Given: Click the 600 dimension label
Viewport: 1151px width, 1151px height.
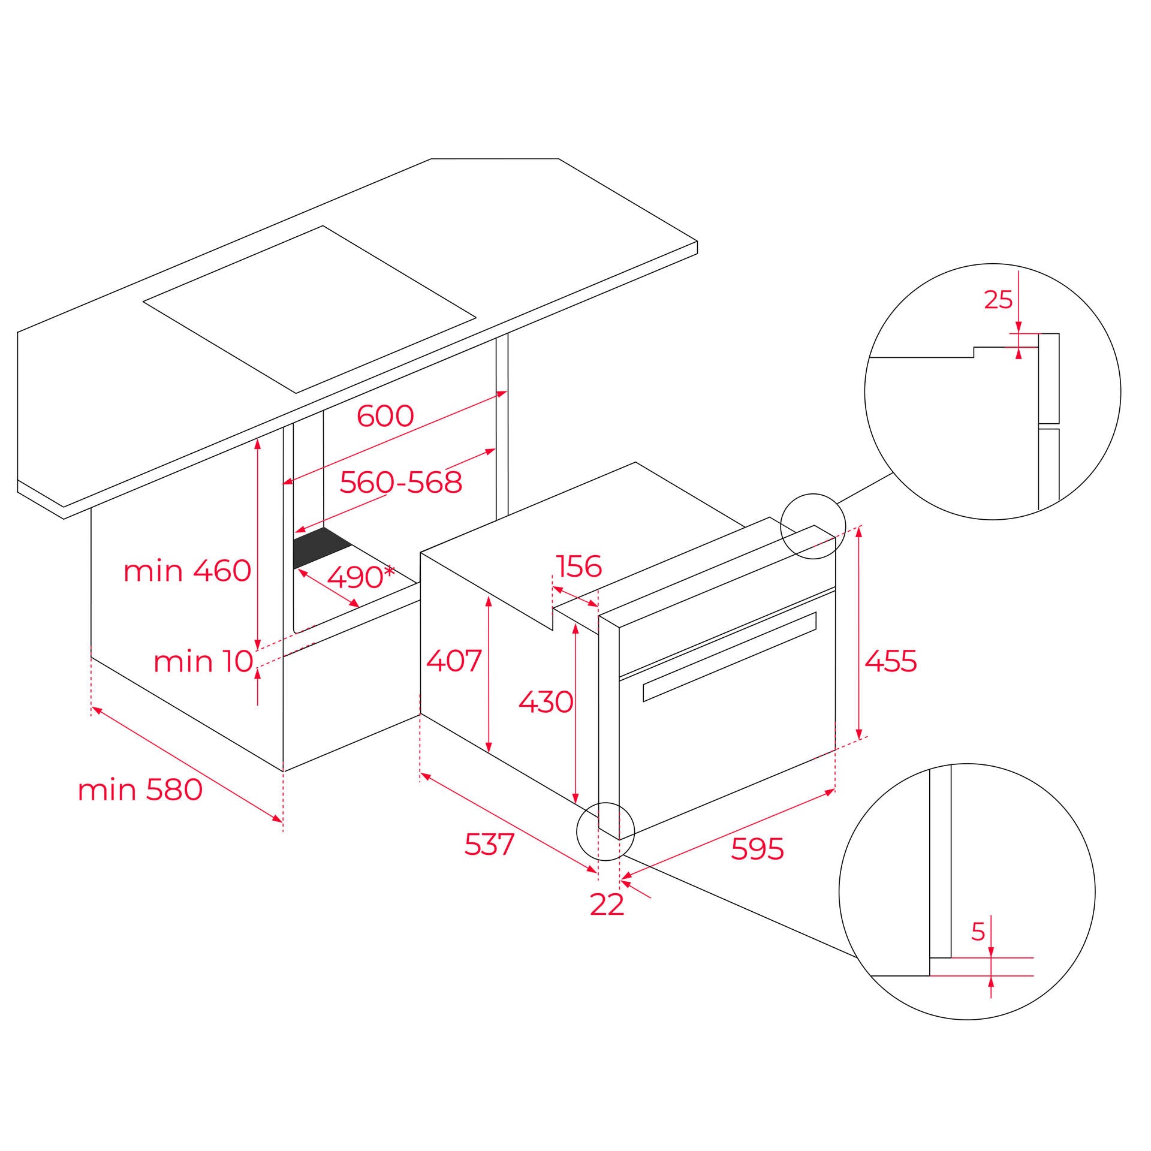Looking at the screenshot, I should tap(385, 416).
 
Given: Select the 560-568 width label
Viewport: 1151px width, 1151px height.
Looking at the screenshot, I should tap(400, 483).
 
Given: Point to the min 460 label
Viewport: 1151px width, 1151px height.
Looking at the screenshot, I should tap(187, 571).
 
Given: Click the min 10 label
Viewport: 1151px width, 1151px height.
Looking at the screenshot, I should tap(203, 662).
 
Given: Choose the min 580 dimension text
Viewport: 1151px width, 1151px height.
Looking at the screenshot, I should tap(140, 790).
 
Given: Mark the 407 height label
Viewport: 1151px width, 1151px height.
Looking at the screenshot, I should tap(453, 661).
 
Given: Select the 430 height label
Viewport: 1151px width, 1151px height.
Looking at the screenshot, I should tap(545, 701).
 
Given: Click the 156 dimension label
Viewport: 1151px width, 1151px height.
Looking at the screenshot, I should tap(578, 566).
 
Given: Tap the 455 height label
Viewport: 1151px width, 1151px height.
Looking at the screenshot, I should tap(891, 661).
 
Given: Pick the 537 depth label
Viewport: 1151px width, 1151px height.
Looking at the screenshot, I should tap(489, 845).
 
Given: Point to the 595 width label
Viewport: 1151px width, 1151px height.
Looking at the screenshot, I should tap(757, 849).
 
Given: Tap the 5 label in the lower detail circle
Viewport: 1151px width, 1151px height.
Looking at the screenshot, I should tap(978, 932).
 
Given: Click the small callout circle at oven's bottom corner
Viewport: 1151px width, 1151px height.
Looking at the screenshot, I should tap(605, 831).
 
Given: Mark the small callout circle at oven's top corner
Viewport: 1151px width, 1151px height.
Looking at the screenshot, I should tap(812, 526).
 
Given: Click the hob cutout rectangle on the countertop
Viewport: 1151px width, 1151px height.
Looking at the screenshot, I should tap(309, 309).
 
